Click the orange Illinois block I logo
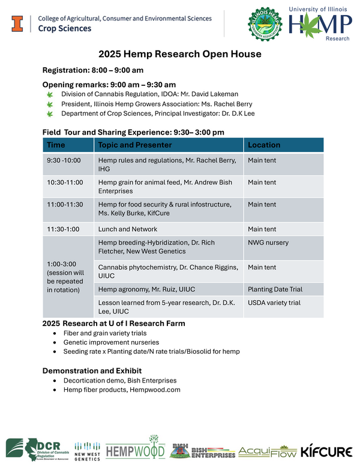[x=17, y=24]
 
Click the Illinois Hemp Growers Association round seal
[x=265, y=24]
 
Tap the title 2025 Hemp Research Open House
[x=180, y=54]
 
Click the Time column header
[x=56, y=145]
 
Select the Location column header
[x=264, y=145]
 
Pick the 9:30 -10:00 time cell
[x=64, y=160]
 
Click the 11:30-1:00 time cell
[x=62, y=229]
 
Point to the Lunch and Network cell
[x=127, y=229]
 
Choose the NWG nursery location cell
[x=268, y=243]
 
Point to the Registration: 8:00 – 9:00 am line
[x=93, y=70]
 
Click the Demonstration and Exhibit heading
[x=99, y=370]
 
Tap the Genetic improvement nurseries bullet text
[x=111, y=342]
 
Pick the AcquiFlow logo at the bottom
[x=268, y=450]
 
